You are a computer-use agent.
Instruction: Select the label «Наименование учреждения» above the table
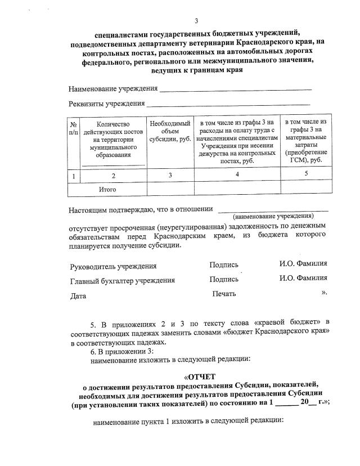coord(112,89)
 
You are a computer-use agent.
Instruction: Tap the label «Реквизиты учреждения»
coord(106,104)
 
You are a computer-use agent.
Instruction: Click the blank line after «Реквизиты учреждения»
coord(228,104)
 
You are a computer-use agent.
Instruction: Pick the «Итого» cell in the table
coord(107,189)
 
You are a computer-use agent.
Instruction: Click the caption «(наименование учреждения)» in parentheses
coord(273,216)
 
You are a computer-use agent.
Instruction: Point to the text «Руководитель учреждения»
coord(113,266)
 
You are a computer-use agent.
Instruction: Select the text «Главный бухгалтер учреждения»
coord(122,280)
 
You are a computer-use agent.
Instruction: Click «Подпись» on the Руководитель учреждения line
coord(224,265)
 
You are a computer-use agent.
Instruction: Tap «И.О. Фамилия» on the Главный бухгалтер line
coord(303,278)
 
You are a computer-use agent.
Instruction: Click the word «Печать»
coord(224,294)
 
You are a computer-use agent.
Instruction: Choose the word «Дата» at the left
coord(78,295)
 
